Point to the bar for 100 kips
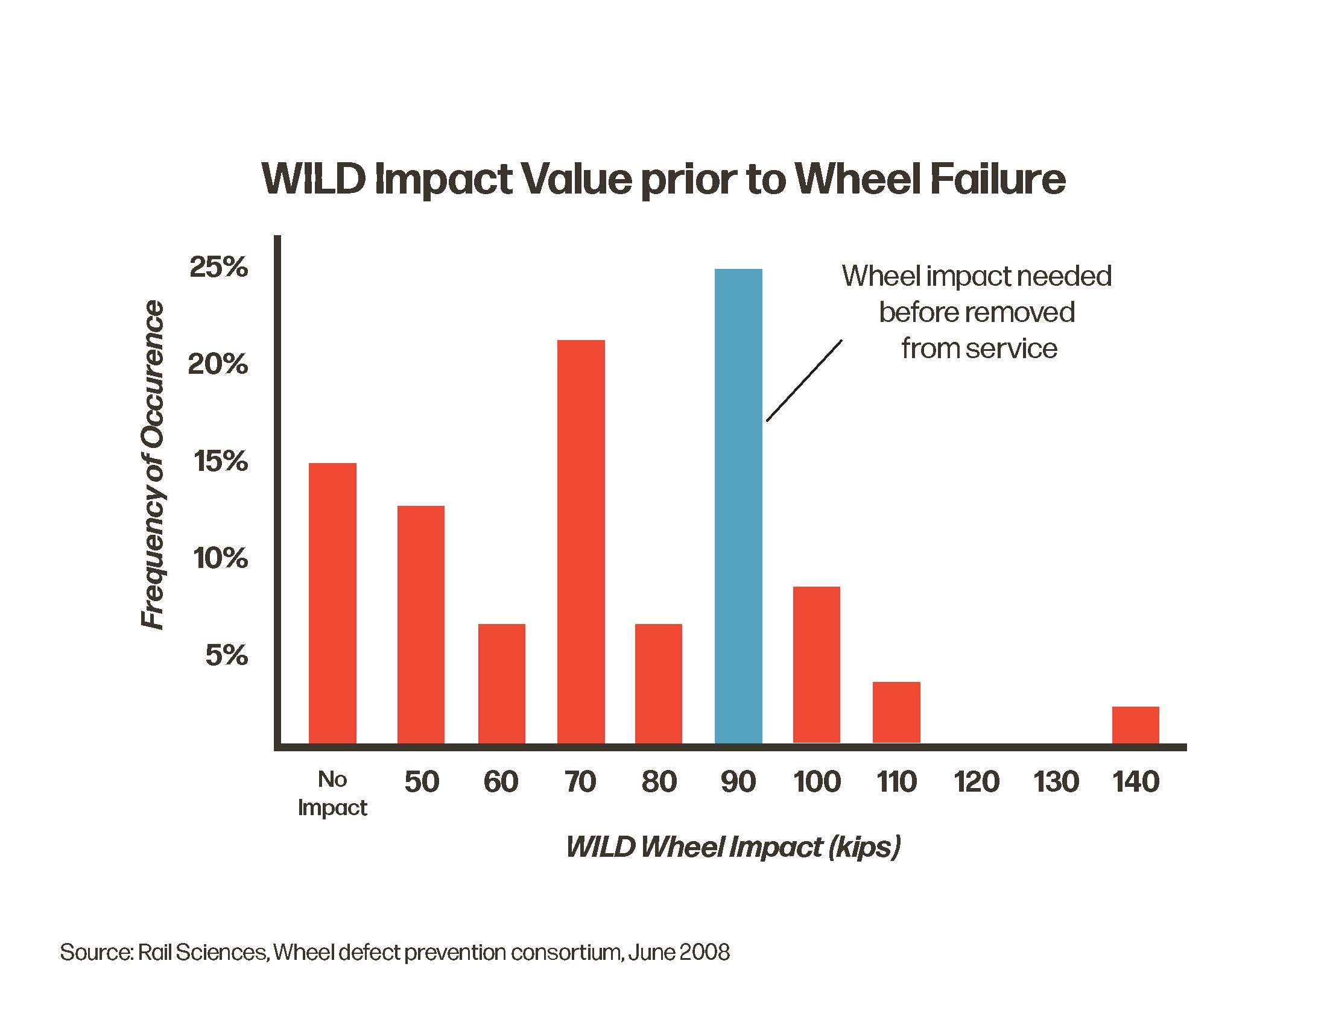point(816,664)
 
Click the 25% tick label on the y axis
point(219,267)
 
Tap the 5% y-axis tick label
point(226,655)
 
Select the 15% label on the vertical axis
point(221,461)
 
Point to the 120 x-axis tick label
point(976,781)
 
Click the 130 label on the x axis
point(1056,781)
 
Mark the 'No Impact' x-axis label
point(332,793)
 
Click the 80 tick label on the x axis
point(659,781)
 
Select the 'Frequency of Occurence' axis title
point(153,464)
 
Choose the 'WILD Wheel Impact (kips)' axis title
point(733,847)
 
